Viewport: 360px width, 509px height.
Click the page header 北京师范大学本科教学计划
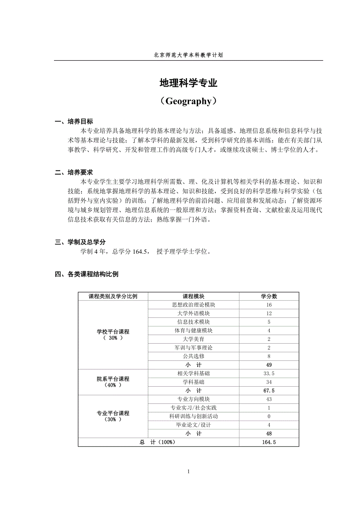coord(188,56)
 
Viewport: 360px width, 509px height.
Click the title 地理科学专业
coord(188,83)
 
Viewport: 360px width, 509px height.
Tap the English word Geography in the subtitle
coord(188,101)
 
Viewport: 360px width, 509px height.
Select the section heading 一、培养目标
coord(74,122)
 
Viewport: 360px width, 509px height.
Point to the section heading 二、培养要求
coord(74,172)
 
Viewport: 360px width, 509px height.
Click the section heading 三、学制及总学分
coord(80,242)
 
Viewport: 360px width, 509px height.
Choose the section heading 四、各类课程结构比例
coord(86,274)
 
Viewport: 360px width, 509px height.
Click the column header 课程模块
coord(193,296)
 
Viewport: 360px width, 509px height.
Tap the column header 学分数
coord(269,296)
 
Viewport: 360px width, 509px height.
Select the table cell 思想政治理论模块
coord(193,305)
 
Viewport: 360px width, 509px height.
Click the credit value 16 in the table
coord(269,305)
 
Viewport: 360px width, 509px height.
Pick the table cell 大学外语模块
coord(193,314)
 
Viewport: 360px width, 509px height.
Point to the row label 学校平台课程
coord(113,332)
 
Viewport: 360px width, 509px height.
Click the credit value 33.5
coord(269,373)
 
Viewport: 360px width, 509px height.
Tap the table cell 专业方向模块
coord(193,399)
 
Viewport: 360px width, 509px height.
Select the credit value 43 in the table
coord(269,399)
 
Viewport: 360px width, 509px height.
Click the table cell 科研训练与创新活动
coord(193,416)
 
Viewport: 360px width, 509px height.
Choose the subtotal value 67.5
coord(269,391)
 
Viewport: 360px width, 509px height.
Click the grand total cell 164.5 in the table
coord(269,442)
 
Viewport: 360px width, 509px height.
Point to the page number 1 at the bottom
coord(189,471)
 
